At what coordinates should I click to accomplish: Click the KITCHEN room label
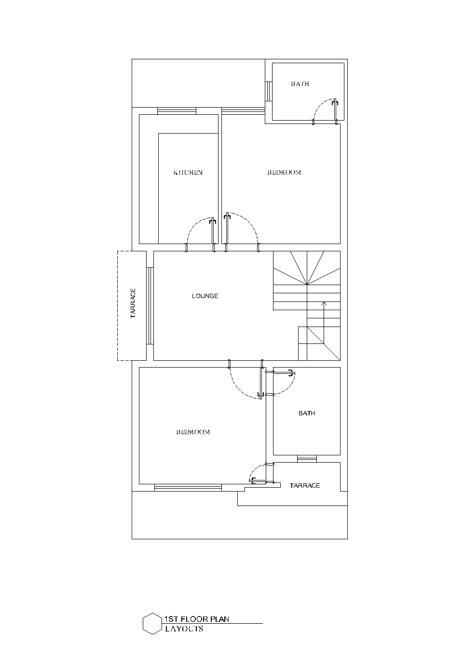[188, 173]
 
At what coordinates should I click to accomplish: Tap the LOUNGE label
[205, 296]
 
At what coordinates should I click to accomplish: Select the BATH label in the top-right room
[300, 83]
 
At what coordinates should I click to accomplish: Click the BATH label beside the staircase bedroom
[306, 413]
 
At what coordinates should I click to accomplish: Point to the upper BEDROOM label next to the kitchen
[284, 173]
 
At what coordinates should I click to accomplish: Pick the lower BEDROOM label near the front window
[193, 432]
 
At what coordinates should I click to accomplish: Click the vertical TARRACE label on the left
[133, 303]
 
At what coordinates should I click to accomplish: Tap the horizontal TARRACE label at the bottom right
[305, 485]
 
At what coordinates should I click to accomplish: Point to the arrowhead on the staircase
[324, 303]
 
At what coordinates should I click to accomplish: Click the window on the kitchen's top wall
[177, 111]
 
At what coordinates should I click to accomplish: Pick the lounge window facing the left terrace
[150, 305]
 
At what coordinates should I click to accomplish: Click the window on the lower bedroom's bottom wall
[188, 488]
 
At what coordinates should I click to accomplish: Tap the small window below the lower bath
[307, 459]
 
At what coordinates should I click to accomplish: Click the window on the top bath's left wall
[269, 91]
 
